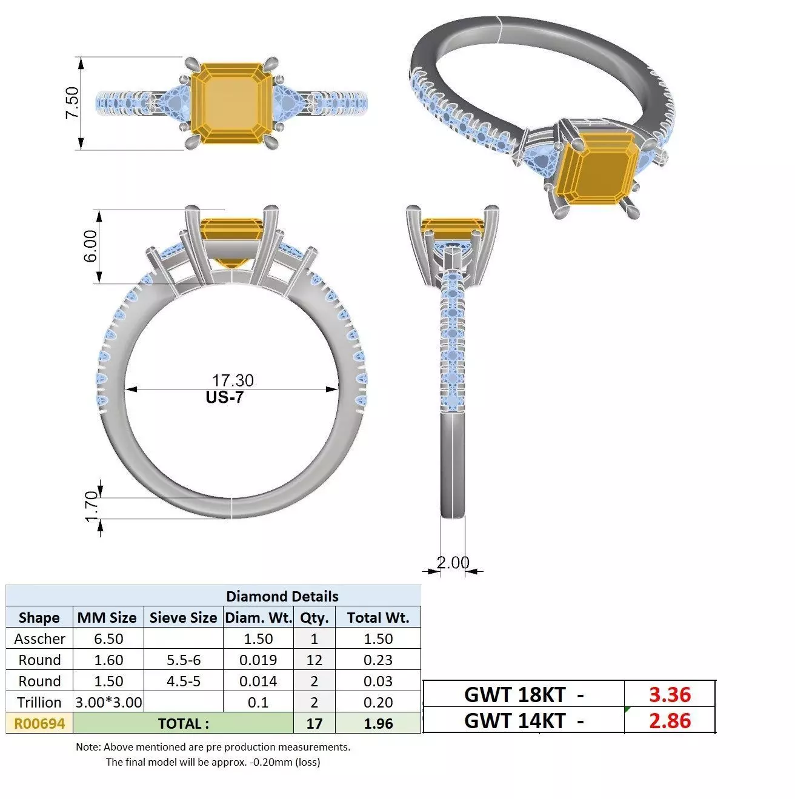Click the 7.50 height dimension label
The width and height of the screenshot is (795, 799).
[72, 102]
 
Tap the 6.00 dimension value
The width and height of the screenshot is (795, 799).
[90, 247]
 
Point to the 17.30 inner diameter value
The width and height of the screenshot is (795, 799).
[233, 380]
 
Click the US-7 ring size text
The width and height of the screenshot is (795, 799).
[224, 397]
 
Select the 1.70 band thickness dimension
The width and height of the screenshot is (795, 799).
[91, 506]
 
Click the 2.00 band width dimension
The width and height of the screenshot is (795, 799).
[453, 563]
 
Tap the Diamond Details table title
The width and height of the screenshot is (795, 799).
[282, 596]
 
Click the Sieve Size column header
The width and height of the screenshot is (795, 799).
[183, 617]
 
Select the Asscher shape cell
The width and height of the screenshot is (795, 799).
[40, 638]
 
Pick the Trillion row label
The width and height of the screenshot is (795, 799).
[39, 703]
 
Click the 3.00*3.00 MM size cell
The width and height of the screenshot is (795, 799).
[108, 703]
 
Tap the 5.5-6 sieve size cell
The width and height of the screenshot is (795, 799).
[184, 660]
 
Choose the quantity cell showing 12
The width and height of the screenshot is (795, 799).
[314, 660]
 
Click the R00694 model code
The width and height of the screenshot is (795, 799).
[39, 723]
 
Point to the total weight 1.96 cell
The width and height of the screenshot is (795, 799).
[378, 723]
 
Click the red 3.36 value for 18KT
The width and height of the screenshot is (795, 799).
[670, 695]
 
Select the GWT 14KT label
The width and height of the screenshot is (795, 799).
[515, 721]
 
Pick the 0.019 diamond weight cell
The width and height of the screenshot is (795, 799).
[258, 660]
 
